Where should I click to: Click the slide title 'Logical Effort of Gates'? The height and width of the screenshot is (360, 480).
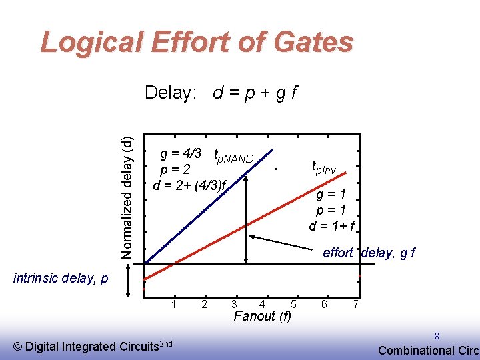click(x=197, y=42)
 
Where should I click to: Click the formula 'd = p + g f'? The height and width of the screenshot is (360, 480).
click(x=255, y=93)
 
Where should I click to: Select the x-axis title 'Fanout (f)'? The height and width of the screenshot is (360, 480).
click(x=262, y=316)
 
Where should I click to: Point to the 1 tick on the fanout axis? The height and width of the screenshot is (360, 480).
click(x=174, y=304)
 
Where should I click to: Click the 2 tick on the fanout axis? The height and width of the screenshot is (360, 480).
click(x=204, y=304)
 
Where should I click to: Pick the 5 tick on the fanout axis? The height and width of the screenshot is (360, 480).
click(x=293, y=304)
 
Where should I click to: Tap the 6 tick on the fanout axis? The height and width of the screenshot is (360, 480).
click(x=324, y=304)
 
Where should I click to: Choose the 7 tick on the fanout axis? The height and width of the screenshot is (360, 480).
click(x=357, y=304)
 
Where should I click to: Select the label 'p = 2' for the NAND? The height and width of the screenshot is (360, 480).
click(x=181, y=169)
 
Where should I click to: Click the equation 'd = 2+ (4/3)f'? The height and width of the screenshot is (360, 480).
click(x=190, y=185)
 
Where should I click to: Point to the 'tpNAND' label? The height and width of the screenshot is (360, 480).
click(x=233, y=157)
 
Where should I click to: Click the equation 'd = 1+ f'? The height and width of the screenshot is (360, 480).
click(x=331, y=226)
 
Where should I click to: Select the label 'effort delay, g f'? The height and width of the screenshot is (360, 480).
click(x=369, y=253)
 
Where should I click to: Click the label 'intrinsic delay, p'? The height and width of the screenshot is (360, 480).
click(x=61, y=278)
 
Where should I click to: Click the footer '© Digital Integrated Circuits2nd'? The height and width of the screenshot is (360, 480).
click(x=93, y=345)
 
